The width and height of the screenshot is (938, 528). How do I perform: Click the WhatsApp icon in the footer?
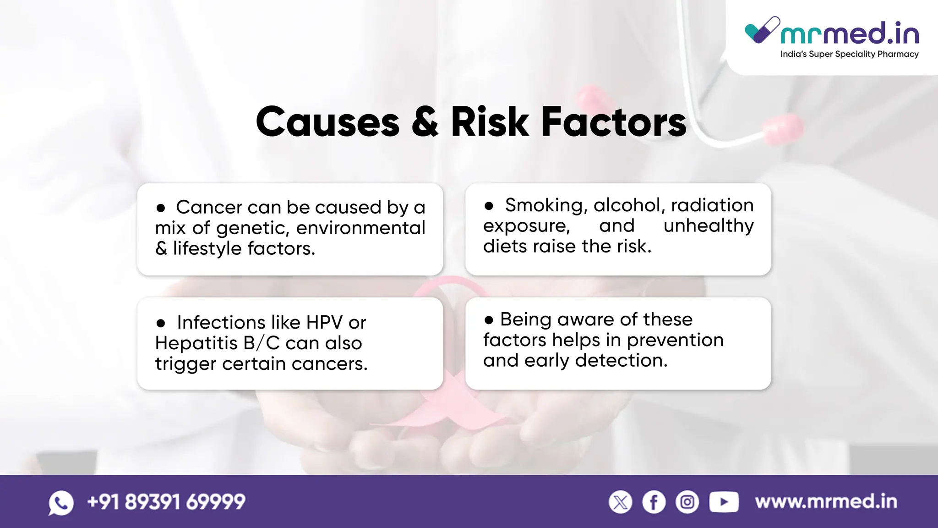(x=61, y=503)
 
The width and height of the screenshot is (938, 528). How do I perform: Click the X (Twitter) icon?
(x=621, y=502)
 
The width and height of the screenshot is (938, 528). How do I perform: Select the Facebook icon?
(x=654, y=502)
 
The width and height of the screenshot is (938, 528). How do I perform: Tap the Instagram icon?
(x=687, y=502)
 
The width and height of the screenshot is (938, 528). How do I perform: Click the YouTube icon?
(x=724, y=502)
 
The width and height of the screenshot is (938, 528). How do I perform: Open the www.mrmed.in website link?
(x=826, y=502)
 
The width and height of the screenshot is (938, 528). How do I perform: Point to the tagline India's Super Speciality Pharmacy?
(x=849, y=54)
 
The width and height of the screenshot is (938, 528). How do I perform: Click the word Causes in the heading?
(x=327, y=122)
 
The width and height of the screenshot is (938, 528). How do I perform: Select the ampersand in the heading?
(x=425, y=122)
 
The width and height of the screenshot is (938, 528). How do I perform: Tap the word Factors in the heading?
(x=614, y=122)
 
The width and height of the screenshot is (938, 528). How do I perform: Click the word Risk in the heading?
(x=490, y=122)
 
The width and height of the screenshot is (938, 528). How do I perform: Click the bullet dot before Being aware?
(x=489, y=320)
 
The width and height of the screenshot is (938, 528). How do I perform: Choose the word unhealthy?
(x=708, y=226)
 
